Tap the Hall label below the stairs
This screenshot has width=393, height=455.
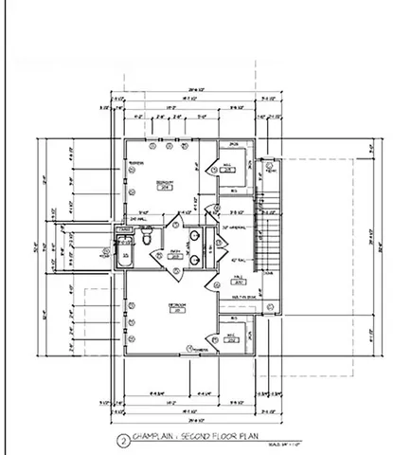(239, 280)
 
